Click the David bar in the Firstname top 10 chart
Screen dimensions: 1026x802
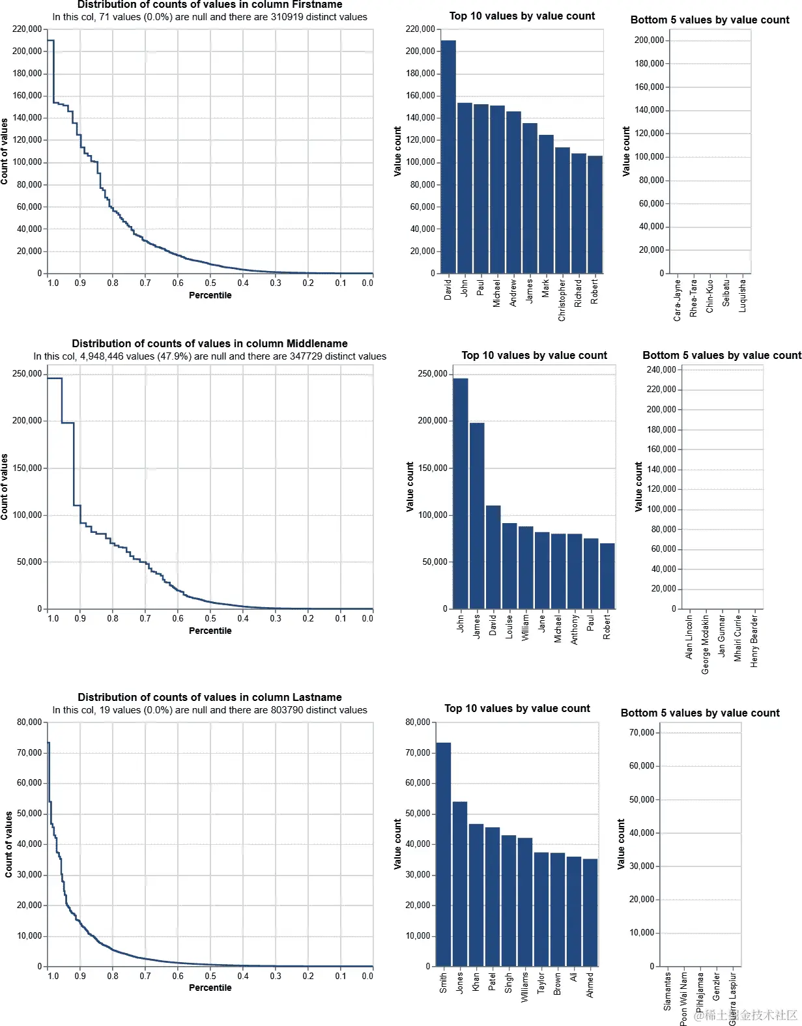coord(448,156)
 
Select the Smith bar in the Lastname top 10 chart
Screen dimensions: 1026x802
coord(443,853)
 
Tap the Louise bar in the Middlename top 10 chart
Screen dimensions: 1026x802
coord(509,565)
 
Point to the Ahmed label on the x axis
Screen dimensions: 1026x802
coord(590,985)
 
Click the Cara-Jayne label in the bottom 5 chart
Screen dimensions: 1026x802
coord(678,300)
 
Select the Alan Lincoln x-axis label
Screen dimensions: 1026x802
coord(689,637)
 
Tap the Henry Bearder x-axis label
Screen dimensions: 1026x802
coord(754,641)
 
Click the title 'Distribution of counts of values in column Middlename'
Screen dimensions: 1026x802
coord(209,343)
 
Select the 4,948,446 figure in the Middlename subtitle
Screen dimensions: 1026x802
coord(102,356)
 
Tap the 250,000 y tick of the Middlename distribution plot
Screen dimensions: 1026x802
coord(27,374)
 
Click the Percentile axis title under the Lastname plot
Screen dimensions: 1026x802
coord(210,988)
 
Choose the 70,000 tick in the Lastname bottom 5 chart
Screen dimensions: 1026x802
coord(641,733)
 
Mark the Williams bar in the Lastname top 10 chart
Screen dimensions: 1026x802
coord(524,902)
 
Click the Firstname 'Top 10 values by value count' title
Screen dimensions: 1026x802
coord(522,16)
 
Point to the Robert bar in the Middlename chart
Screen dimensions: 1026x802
coord(607,576)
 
